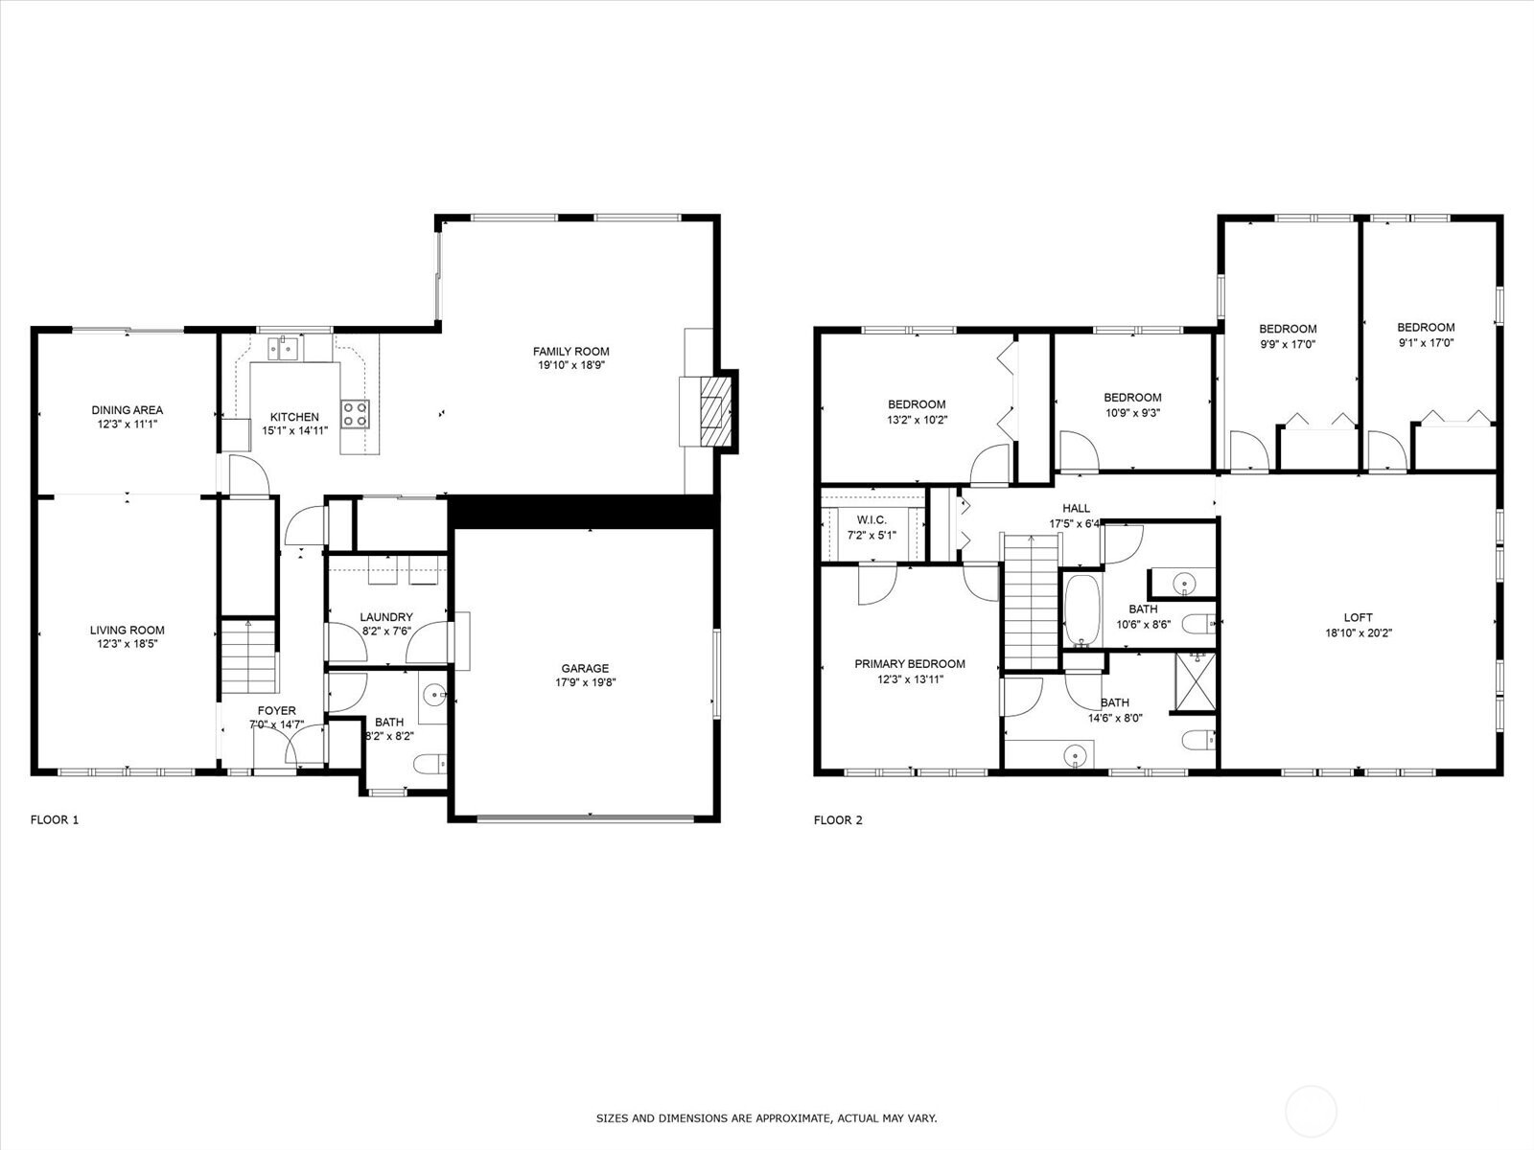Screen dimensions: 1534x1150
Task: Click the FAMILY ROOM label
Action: click(571, 351)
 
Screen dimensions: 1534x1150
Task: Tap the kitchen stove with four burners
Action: click(355, 414)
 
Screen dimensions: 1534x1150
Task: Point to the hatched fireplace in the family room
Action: click(715, 413)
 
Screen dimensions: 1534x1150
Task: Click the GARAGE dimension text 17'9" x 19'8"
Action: click(585, 682)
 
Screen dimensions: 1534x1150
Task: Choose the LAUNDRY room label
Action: click(385, 616)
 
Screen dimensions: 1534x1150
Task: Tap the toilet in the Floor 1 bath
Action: click(430, 765)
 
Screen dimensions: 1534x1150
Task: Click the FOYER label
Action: click(277, 711)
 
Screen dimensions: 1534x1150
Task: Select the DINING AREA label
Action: click(128, 410)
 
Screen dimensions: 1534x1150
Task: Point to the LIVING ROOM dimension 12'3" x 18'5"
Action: click(128, 644)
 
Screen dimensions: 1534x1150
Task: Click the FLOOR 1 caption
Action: click(55, 819)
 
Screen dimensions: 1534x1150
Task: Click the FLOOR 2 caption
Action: click(838, 819)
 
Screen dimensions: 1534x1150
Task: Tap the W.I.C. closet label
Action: click(872, 519)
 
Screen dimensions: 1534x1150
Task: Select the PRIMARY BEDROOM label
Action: click(910, 663)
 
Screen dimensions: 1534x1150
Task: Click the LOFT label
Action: click(1358, 617)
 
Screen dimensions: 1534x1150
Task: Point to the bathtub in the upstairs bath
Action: click(1081, 610)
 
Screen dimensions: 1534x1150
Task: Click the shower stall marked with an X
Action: click(1196, 681)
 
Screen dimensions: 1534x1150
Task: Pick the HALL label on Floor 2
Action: click(1077, 508)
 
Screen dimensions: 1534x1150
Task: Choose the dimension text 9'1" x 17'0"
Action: click(1426, 342)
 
